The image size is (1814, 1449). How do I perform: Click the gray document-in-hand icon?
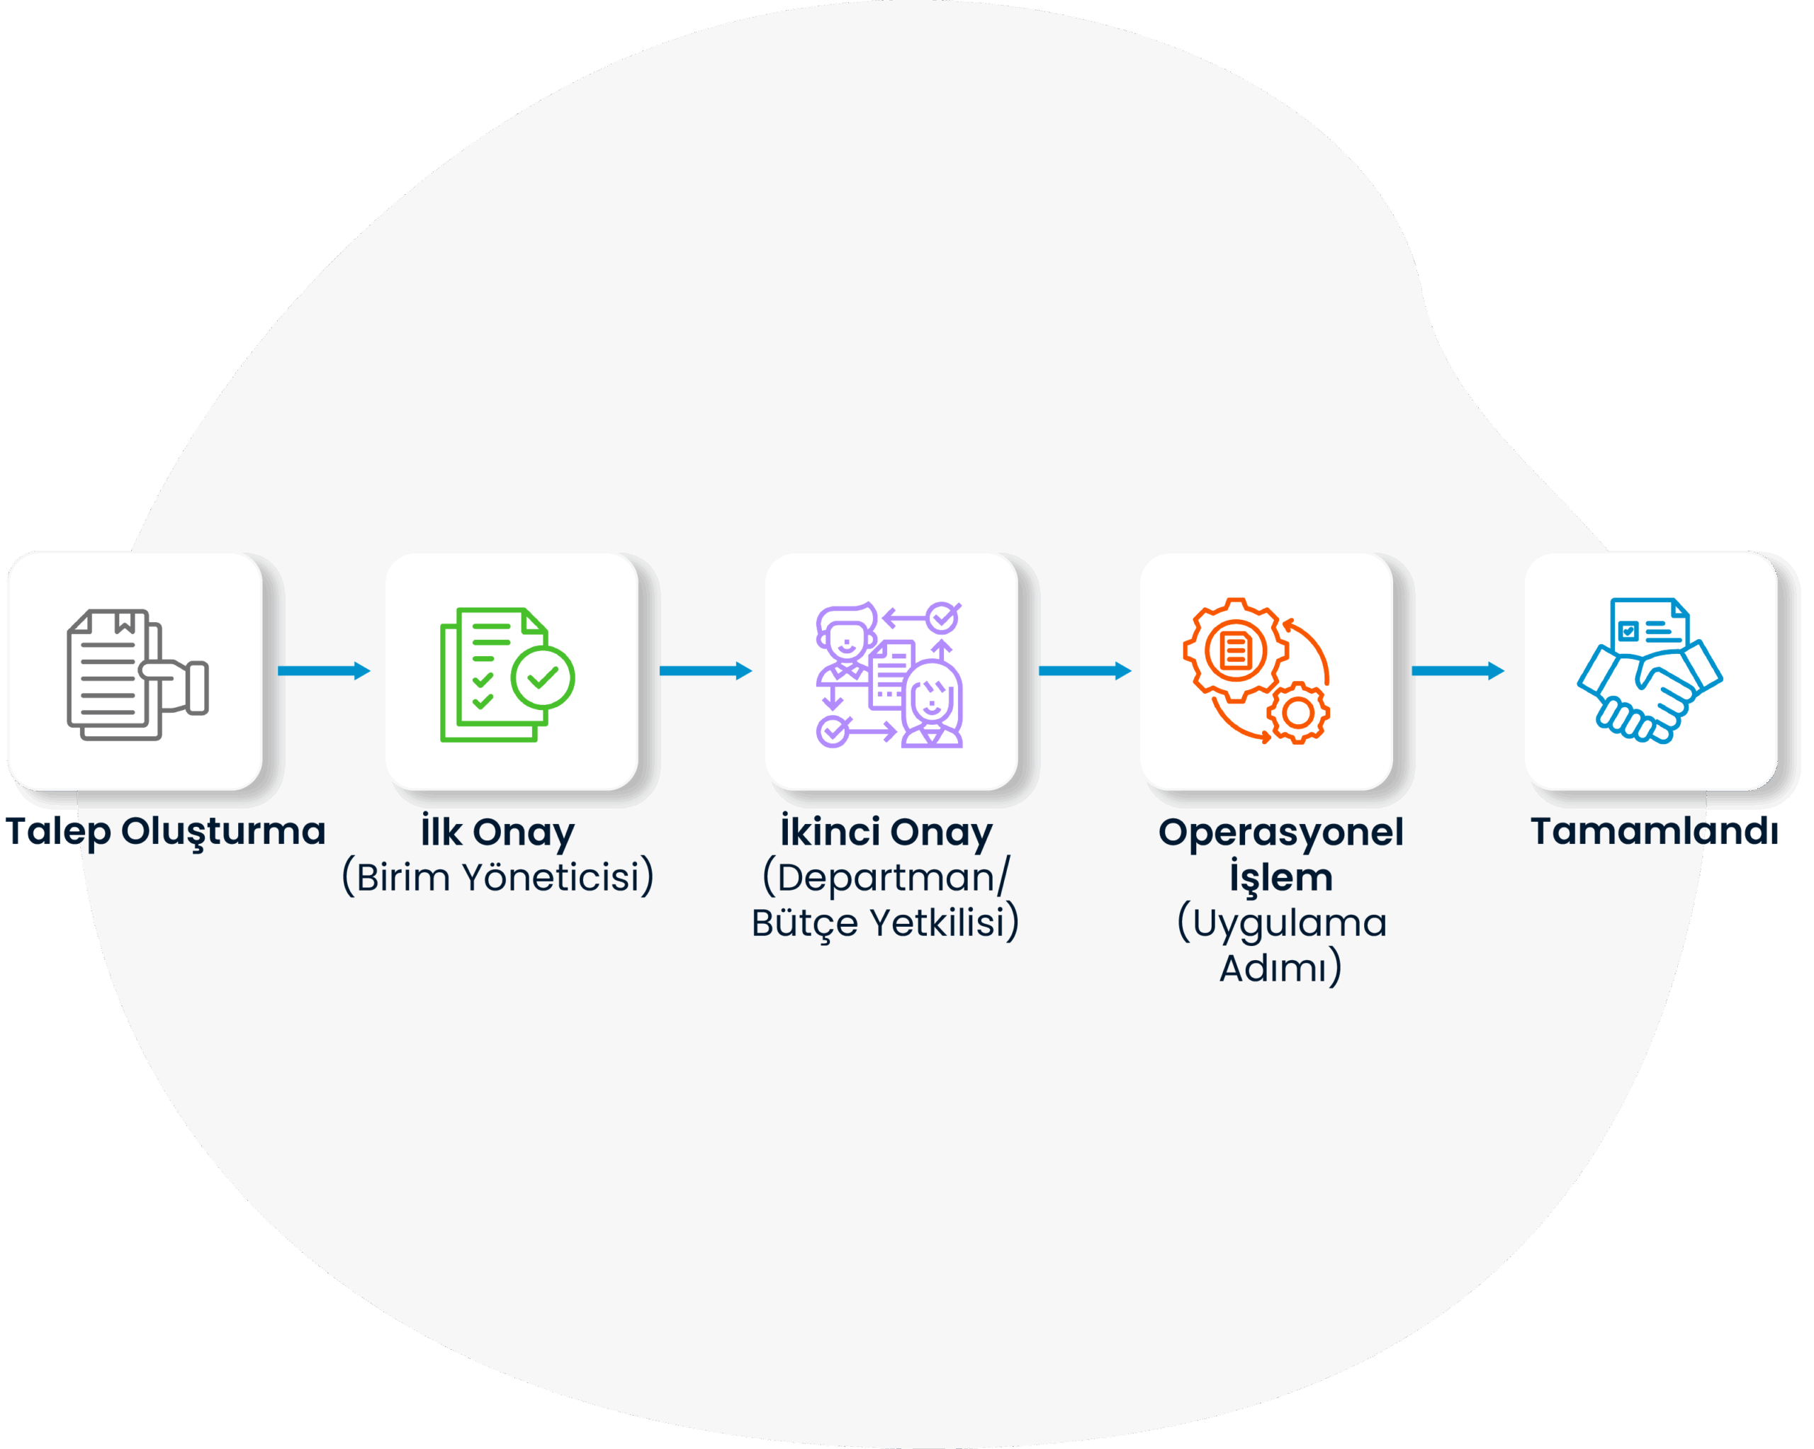pos(138,675)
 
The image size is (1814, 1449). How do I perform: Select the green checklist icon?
pos(507,675)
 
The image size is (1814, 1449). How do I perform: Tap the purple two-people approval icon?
pos(889,675)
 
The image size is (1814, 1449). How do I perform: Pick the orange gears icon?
pos(1256,670)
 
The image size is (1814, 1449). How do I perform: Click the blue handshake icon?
pos(1650,670)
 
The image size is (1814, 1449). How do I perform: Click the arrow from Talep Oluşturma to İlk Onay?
pos(324,670)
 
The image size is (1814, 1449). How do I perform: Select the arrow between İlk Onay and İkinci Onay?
pos(706,670)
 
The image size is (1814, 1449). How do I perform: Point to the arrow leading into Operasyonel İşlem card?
pos(1086,670)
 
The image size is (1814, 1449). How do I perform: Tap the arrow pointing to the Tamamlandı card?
pos(1458,670)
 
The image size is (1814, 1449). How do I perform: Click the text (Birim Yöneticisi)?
pos(498,878)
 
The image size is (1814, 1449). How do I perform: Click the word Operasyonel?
pos(1281,833)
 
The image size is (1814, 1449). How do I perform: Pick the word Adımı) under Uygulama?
pos(1281,968)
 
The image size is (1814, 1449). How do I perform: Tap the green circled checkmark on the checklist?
pos(543,677)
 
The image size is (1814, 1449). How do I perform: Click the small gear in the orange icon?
pos(1298,713)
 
